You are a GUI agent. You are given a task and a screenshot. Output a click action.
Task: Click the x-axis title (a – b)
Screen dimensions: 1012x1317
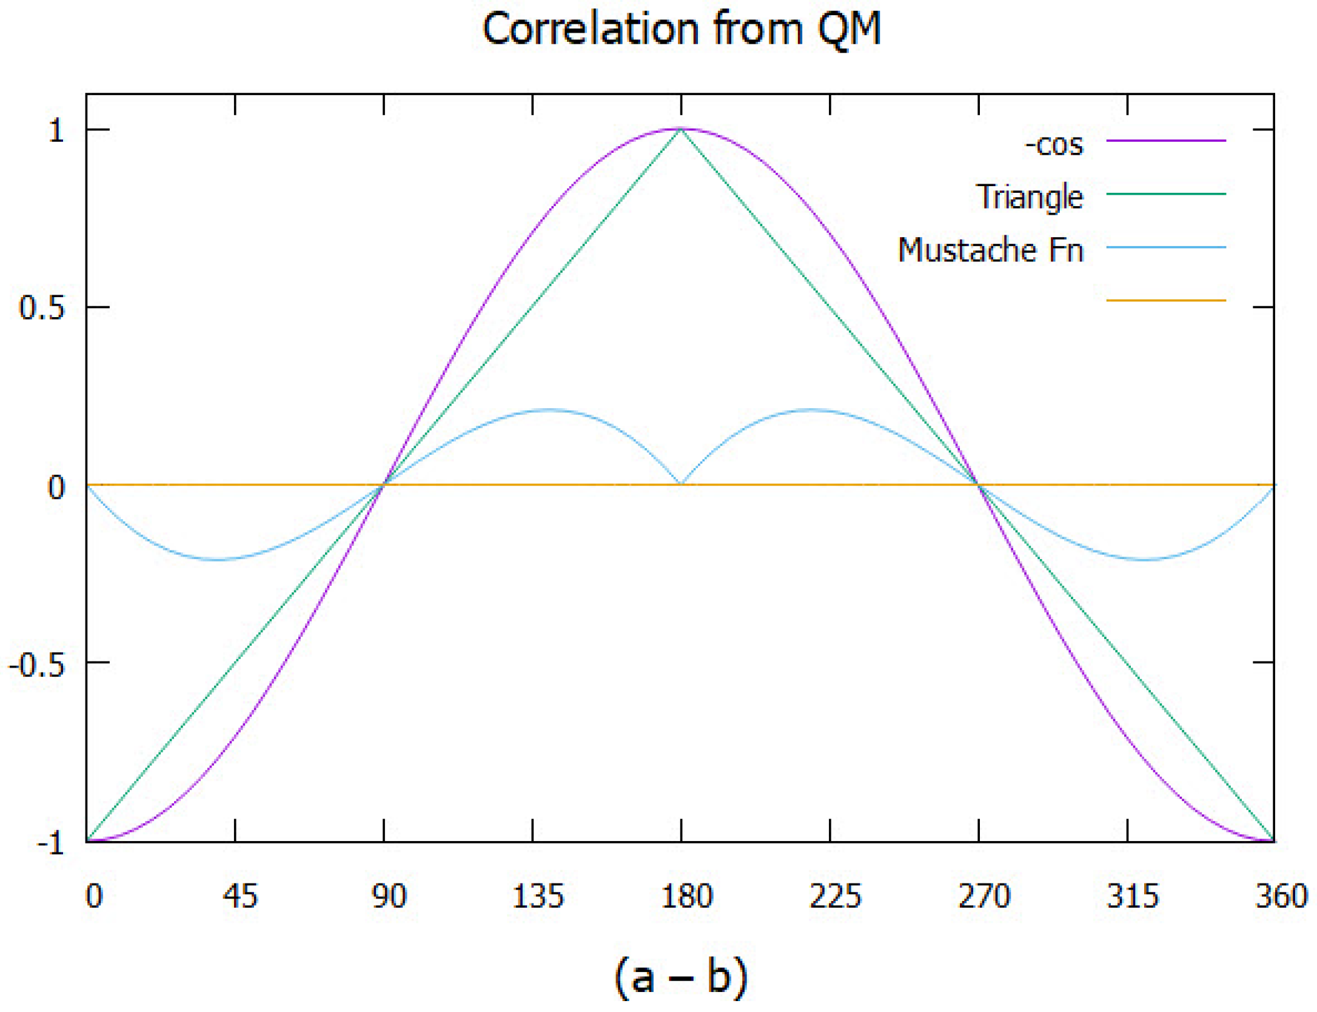point(681,977)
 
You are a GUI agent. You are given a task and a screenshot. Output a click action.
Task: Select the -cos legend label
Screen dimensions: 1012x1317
point(1053,144)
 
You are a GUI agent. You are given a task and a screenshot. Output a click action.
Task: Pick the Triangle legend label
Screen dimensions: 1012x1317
point(1029,197)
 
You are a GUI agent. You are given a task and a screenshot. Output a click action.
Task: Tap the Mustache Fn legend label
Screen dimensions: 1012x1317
point(990,250)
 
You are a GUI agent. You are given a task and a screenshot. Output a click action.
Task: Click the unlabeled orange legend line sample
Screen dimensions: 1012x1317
point(1165,300)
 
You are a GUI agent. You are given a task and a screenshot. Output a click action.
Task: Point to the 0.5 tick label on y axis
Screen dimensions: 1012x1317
point(41,307)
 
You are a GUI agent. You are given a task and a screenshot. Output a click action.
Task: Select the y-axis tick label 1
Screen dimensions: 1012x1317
point(56,130)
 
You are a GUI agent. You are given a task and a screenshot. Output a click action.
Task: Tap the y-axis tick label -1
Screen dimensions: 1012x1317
point(50,843)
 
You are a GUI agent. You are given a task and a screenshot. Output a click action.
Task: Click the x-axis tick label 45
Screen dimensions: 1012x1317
point(240,896)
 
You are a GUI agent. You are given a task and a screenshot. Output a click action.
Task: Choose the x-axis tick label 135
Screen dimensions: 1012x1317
point(538,896)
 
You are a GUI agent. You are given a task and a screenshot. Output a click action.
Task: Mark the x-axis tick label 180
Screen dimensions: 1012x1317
point(686,896)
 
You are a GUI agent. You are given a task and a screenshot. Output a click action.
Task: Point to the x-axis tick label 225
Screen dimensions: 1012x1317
point(835,896)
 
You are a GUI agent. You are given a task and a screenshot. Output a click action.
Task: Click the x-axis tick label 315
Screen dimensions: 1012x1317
point(1132,896)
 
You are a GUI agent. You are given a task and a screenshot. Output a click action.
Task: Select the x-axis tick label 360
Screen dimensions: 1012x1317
point(1281,896)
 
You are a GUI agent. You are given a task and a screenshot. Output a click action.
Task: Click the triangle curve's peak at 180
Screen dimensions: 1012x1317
point(681,130)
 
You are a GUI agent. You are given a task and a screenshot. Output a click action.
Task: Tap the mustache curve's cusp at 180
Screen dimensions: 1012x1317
point(681,484)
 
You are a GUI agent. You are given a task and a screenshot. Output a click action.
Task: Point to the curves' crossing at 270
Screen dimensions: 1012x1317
point(978,485)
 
